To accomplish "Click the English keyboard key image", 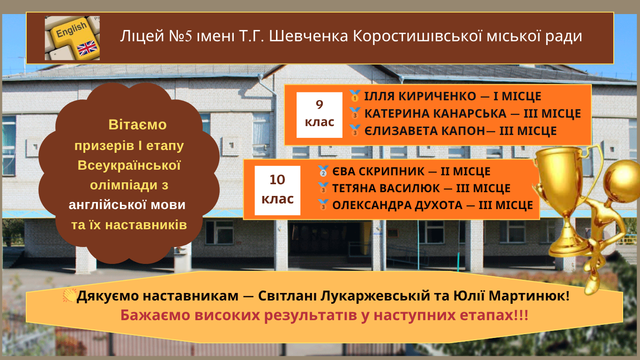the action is (72, 38).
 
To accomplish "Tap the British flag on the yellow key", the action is (88, 48).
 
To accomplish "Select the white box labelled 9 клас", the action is (320, 115).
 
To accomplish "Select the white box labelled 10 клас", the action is (277, 190).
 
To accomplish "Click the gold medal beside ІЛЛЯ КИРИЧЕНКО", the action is (355, 96).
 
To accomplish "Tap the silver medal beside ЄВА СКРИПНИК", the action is (323, 171).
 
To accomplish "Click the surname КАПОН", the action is (463, 131).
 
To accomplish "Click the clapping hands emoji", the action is (69, 295).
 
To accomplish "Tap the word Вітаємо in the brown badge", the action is (137, 125).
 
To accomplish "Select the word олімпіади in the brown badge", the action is (124, 185).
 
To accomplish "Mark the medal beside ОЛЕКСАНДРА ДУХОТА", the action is (323, 205).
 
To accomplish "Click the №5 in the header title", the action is (180, 36).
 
